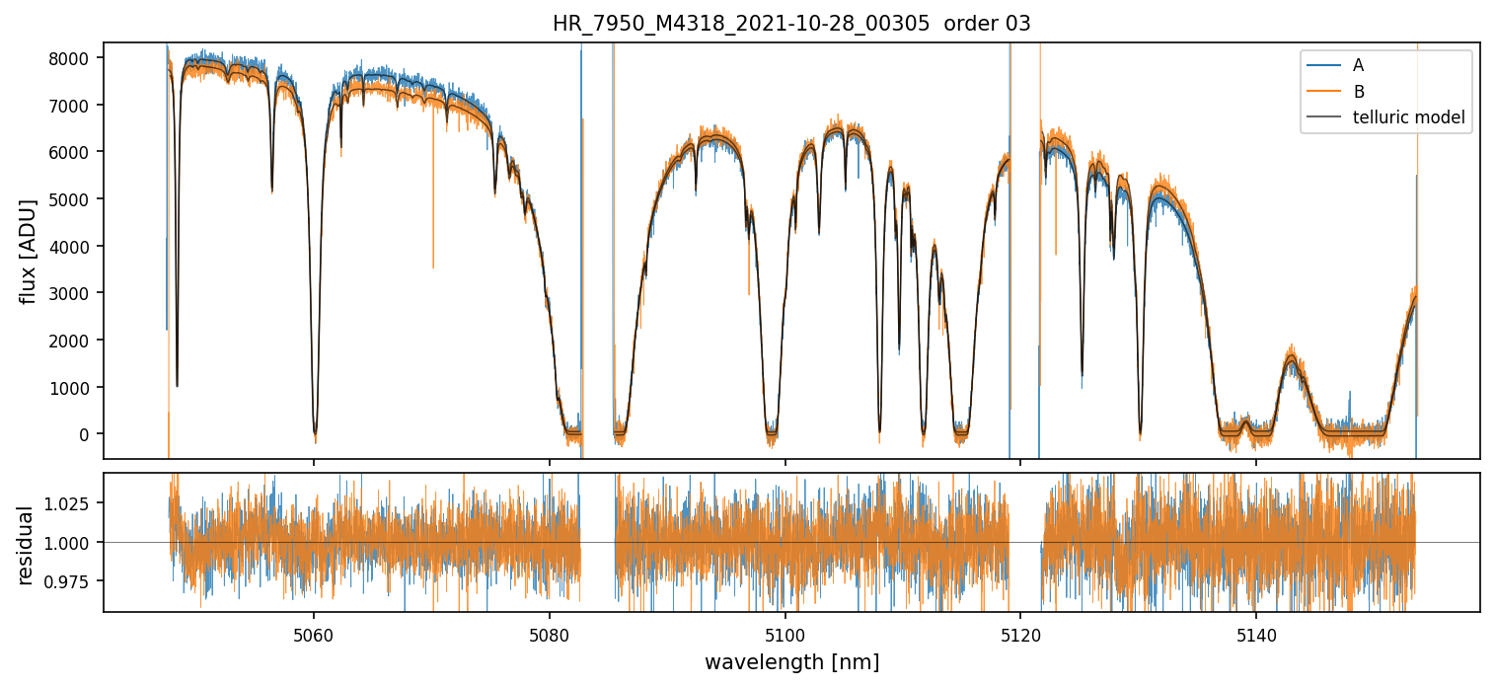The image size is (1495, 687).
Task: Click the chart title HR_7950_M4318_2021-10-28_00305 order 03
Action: tap(791, 24)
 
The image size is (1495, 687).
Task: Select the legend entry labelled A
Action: tap(1359, 65)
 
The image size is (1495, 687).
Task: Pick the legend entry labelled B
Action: tap(1359, 92)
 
